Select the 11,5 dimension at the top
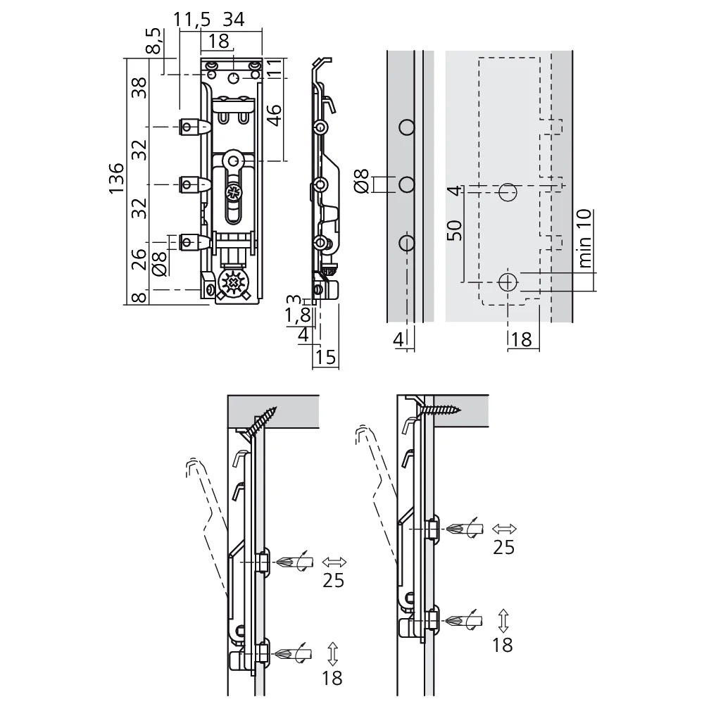(x=191, y=20)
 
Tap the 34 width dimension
(x=233, y=20)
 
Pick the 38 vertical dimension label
(x=140, y=89)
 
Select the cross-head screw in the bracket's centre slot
(x=232, y=191)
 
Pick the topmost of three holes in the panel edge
(x=406, y=127)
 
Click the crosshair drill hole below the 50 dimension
(x=507, y=282)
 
